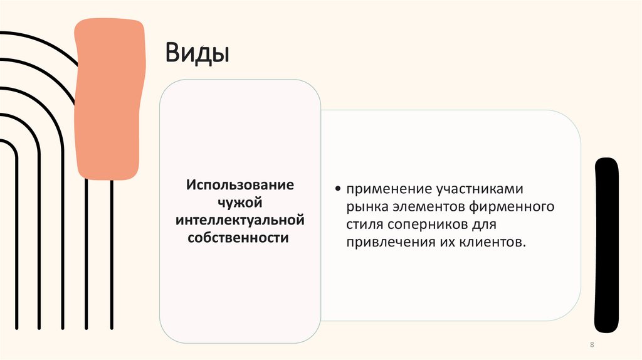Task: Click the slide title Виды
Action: coord(196,53)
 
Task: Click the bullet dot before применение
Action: coord(339,188)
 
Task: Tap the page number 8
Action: coord(592,346)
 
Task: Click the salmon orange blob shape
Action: coord(108,97)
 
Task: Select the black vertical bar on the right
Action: coord(606,245)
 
